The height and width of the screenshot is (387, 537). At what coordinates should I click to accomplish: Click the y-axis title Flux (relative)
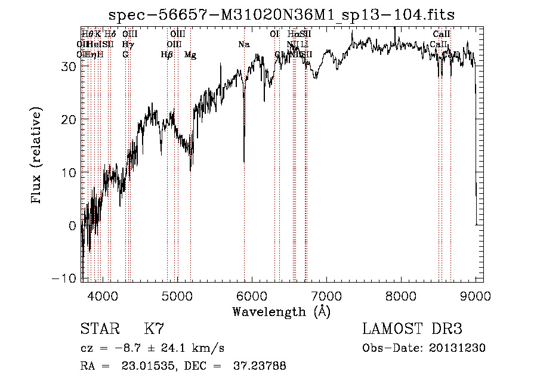pyautogui.click(x=37, y=155)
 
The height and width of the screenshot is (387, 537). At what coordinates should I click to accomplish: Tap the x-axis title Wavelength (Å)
pyautogui.click(x=281, y=311)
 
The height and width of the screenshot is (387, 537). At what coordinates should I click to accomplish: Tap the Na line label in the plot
pyautogui.click(x=243, y=45)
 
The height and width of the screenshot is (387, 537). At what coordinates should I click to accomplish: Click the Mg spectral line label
pyautogui.click(x=190, y=55)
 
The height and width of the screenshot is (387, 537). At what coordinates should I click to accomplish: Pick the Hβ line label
pyautogui.click(x=166, y=55)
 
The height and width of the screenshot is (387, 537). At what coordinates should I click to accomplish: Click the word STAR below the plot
pyautogui.click(x=100, y=329)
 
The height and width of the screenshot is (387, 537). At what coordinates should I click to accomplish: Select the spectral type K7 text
pyautogui.click(x=154, y=329)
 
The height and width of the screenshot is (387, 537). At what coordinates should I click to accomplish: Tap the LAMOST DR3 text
pyautogui.click(x=412, y=329)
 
